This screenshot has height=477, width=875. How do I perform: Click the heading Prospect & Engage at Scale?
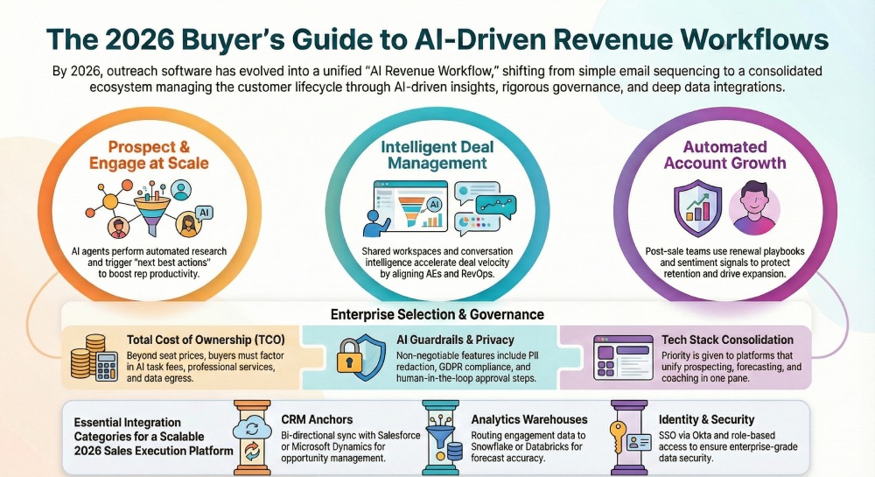point(157,156)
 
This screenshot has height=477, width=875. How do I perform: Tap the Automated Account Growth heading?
point(724,155)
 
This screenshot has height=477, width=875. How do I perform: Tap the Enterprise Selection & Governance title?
point(437,314)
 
